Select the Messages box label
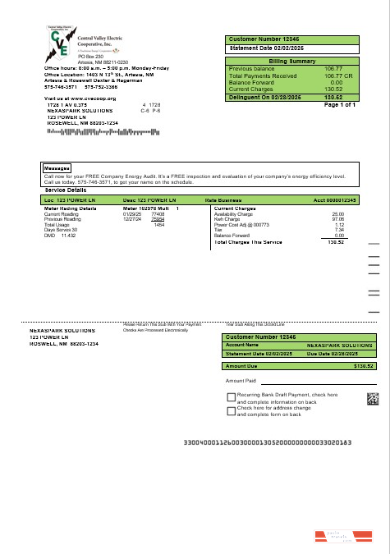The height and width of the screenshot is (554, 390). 56,169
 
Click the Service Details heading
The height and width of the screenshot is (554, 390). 65,190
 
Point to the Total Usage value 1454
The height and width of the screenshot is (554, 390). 159,224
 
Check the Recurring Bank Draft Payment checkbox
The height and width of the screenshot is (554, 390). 231,396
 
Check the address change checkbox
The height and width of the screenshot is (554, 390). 231,408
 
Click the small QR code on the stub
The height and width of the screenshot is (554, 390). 372,400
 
